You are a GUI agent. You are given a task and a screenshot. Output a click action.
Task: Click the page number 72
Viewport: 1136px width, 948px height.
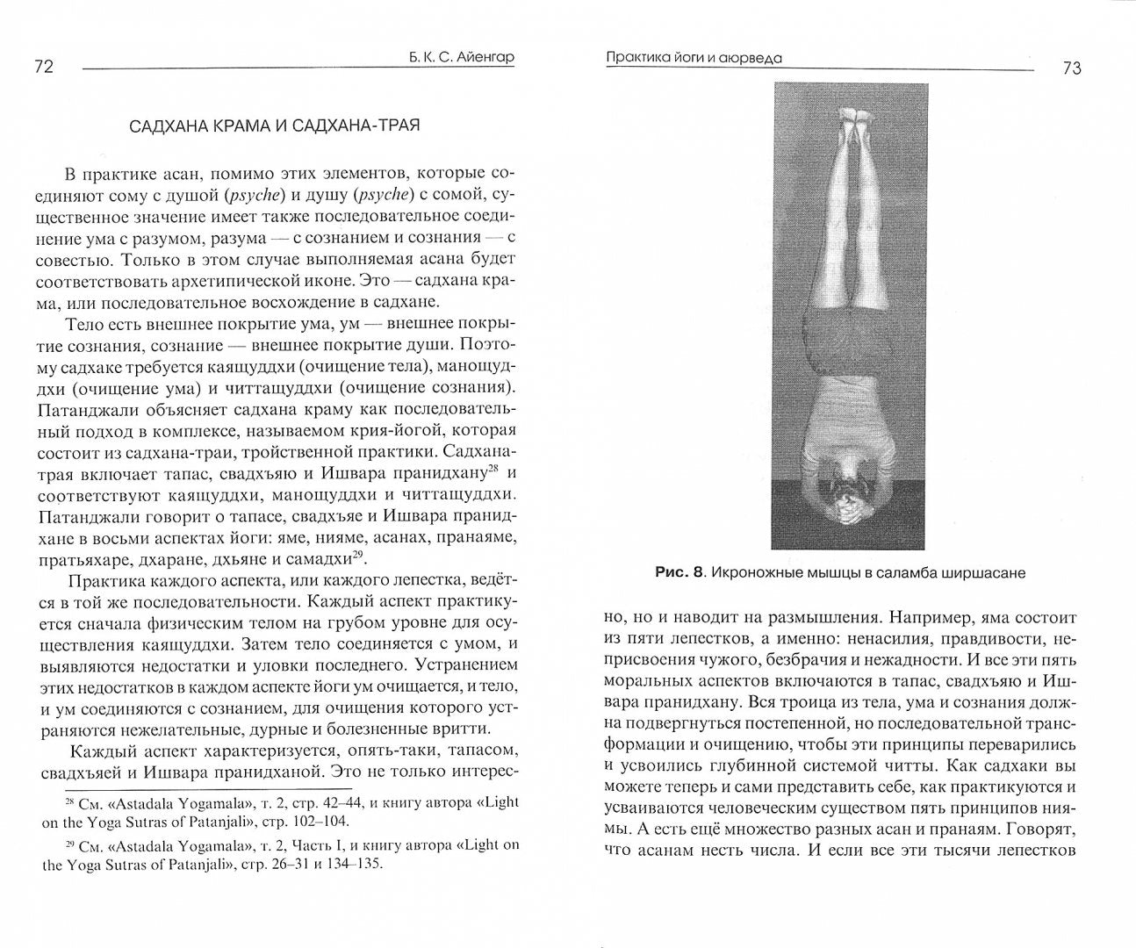coord(44,68)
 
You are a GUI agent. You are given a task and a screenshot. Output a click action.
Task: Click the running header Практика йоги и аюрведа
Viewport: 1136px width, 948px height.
coord(694,59)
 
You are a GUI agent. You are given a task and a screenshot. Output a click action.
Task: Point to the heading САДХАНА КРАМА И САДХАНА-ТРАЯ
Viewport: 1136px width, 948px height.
coord(274,126)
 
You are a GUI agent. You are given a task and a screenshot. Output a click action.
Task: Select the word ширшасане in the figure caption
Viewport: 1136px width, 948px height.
coord(983,573)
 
